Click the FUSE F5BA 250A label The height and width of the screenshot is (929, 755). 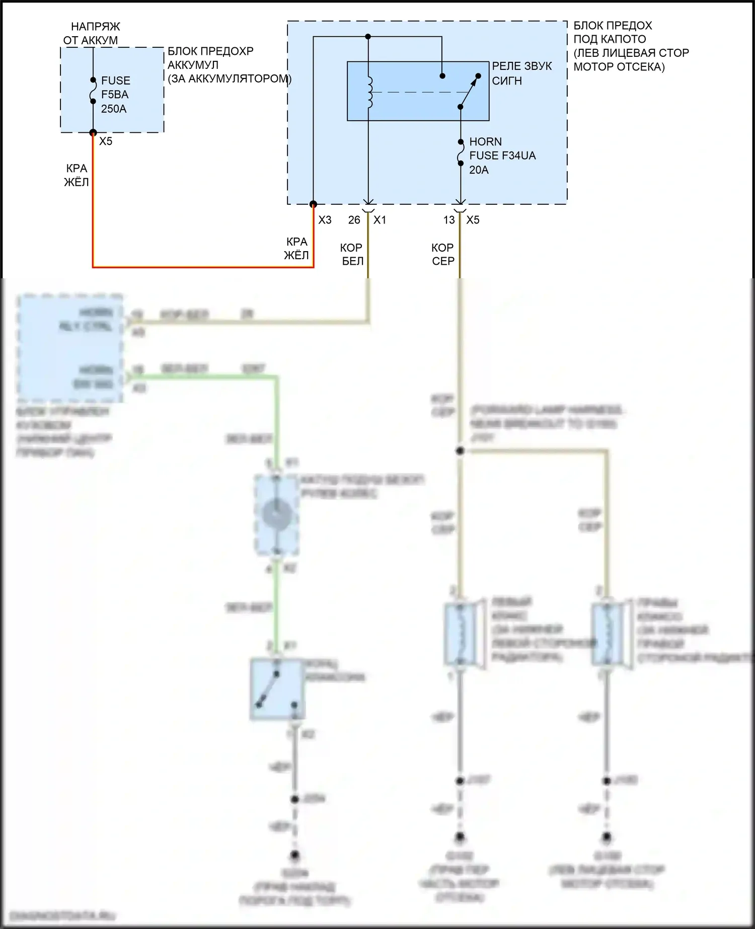115,95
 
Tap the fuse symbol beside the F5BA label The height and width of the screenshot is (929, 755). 93,91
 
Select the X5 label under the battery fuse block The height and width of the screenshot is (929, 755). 106,141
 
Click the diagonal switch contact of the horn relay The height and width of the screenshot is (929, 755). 469,91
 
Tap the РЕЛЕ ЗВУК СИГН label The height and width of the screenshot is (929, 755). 521,73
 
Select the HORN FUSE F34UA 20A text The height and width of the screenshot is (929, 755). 502,156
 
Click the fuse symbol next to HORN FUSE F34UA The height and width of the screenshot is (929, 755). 461,152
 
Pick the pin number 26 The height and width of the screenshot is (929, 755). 354,220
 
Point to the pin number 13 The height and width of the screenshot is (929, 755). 449,220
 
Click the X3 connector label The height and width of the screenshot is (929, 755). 325,220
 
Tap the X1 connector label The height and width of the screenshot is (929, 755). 380,220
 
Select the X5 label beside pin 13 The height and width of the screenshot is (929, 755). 473,220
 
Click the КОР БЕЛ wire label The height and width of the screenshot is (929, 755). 352,254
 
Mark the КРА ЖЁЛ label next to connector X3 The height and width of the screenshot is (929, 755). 296,249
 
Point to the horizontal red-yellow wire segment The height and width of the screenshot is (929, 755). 201,267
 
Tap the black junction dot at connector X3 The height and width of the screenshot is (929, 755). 313,204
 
